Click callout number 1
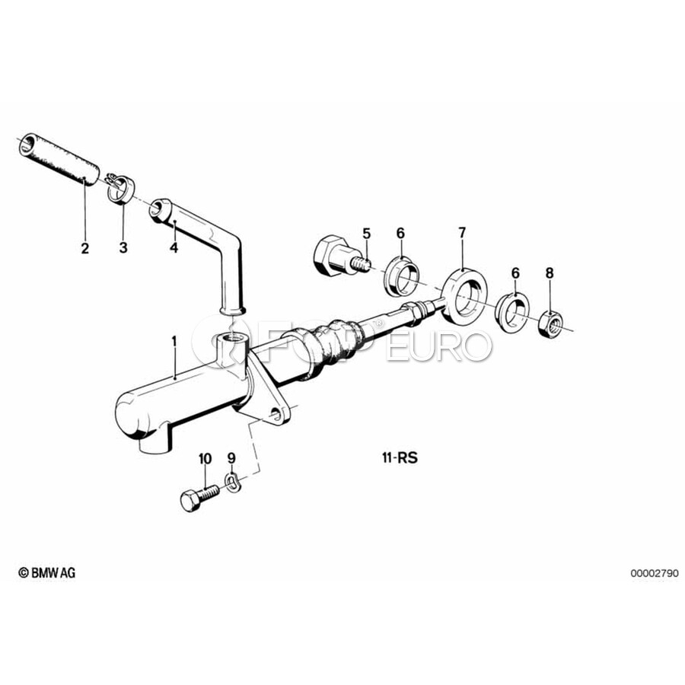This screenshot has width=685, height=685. tap(174, 341)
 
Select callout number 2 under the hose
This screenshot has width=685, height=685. tap(84, 248)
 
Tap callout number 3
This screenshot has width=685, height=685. tap(123, 247)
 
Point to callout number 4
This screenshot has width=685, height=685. tap(174, 247)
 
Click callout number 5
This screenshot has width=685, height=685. tap(366, 234)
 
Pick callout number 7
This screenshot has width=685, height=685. tap(462, 233)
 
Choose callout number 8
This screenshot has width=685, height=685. tap(550, 273)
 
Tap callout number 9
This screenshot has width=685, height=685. tap(231, 458)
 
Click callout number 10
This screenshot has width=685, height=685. tap(205, 459)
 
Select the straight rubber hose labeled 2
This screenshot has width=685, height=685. tap(58, 160)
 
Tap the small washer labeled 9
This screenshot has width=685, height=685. tap(232, 480)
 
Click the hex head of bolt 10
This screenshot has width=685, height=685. tap(190, 501)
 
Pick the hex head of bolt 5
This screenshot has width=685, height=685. tap(329, 256)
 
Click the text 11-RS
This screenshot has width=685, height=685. tap(400, 458)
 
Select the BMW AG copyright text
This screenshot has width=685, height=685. tap(46, 572)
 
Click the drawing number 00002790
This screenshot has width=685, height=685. tap(655, 572)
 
